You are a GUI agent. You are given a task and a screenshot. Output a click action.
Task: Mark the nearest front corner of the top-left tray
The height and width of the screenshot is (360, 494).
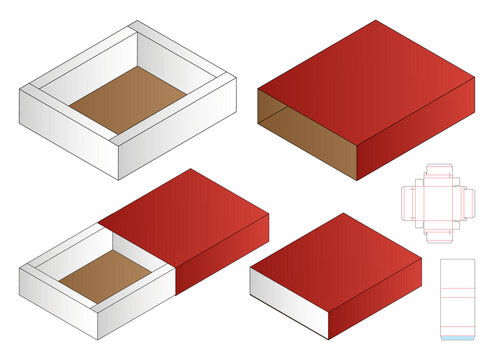point(118,178)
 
